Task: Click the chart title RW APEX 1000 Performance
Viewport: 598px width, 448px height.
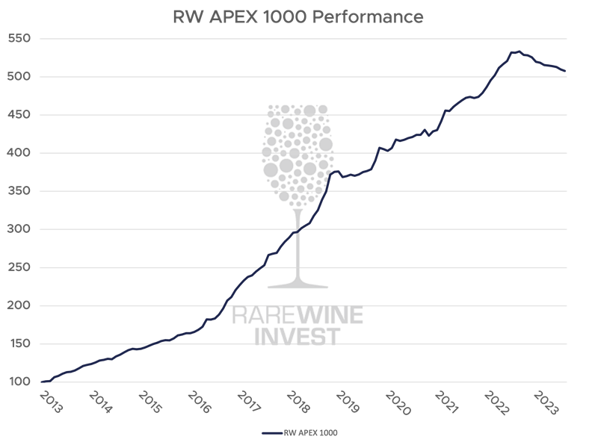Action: (298, 16)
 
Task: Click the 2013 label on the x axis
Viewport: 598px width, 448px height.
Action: (50, 402)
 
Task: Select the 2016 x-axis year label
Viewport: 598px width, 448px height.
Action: (199, 402)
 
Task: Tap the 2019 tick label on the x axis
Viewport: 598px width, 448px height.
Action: (347, 402)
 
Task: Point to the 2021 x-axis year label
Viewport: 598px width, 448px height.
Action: (446, 402)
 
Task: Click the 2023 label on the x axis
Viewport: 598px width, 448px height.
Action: (546, 402)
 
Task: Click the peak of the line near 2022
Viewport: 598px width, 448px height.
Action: (516, 52)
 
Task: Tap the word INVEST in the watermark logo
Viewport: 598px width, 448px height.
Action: (298, 336)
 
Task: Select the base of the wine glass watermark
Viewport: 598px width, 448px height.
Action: (298, 286)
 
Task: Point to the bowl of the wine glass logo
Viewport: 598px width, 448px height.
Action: (298, 157)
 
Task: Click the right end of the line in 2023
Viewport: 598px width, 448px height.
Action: (566, 72)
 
